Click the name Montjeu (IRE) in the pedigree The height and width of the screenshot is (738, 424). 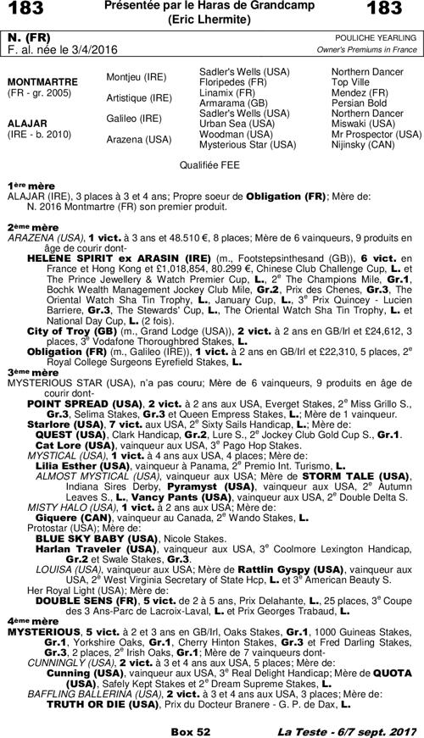(x=137, y=76)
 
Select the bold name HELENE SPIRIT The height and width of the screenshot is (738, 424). (x=70, y=256)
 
